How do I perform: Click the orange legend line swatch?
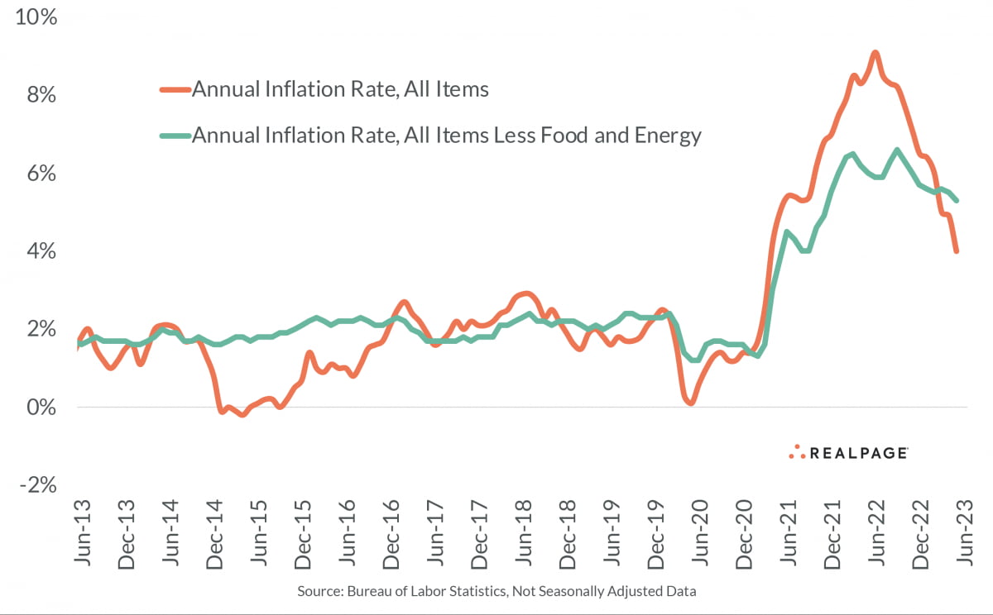[175, 89]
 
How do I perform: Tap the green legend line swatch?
[175, 136]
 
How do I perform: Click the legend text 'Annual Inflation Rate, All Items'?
[340, 89]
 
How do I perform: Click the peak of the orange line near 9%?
[875, 53]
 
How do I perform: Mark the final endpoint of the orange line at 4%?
[957, 250]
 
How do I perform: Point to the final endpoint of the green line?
[957, 200]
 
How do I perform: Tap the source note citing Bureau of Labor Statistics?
[496, 592]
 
